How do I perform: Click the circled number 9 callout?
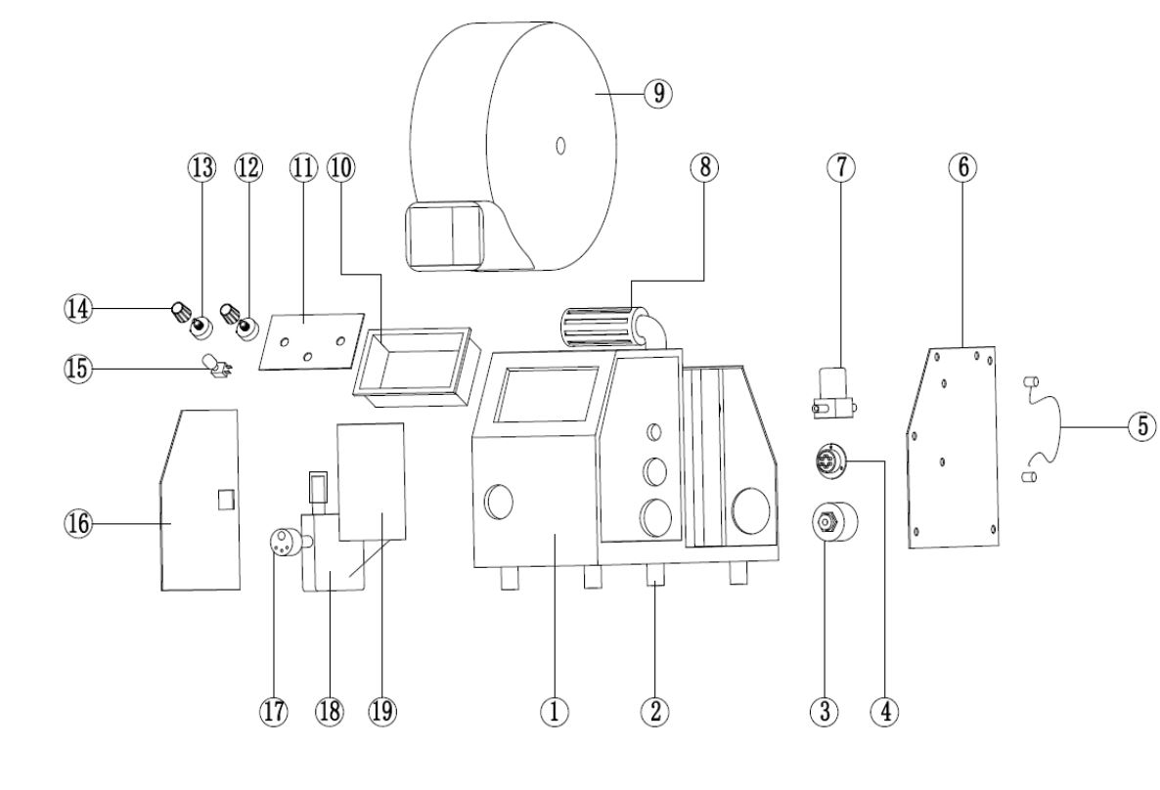pyautogui.click(x=658, y=93)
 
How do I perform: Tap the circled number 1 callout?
pyautogui.click(x=555, y=712)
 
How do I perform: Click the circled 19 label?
pyautogui.click(x=383, y=712)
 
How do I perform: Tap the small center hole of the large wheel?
pyautogui.click(x=560, y=146)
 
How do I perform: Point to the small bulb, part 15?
pyautogui.click(x=209, y=368)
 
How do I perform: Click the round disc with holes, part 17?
pyautogui.click(x=283, y=540)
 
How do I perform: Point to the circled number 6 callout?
pyautogui.click(x=962, y=167)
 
